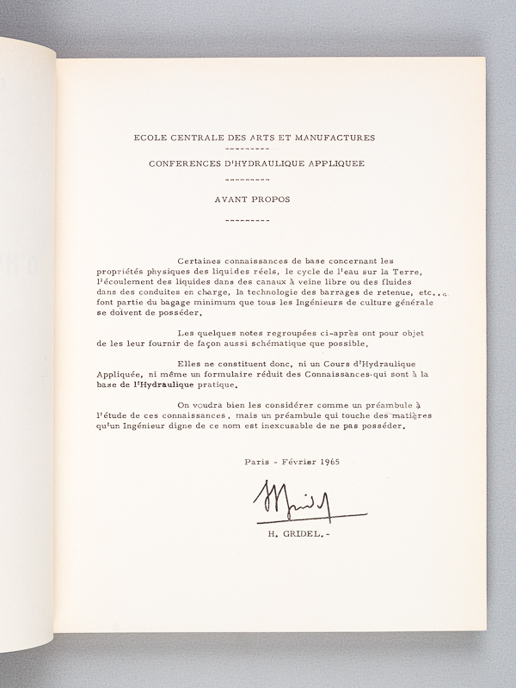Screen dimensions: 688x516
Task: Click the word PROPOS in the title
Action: [271, 199]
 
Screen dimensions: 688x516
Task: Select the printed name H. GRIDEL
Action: [288, 535]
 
